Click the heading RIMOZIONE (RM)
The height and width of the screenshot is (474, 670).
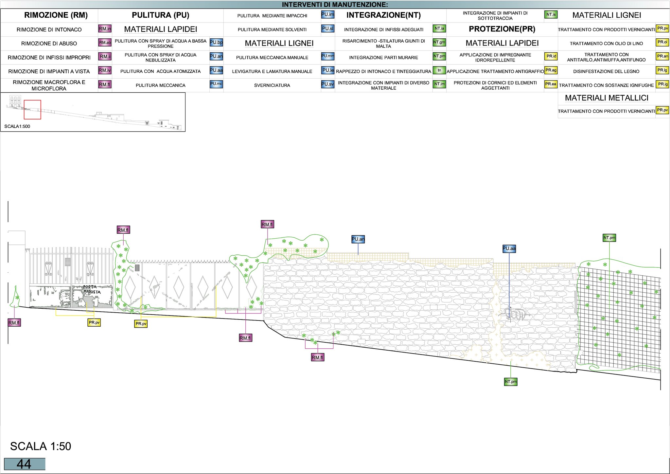(x=56, y=15)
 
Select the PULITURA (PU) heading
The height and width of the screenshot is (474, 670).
(x=160, y=15)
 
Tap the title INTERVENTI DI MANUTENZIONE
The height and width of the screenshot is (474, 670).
(x=335, y=5)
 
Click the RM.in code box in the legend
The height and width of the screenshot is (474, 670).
(x=105, y=29)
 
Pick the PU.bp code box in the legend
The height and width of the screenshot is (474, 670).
(x=216, y=43)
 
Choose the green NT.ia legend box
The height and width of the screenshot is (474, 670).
(x=439, y=29)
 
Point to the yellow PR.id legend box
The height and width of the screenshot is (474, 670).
(x=551, y=56)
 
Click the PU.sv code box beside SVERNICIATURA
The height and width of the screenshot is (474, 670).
(x=328, y=84)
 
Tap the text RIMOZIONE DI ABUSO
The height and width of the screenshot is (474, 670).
(x=49, y=44)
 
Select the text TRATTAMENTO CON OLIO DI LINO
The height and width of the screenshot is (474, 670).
(x=606, y=44)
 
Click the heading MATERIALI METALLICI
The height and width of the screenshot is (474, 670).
(x=607, y=98)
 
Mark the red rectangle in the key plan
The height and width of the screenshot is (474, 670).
(x=32, y=110)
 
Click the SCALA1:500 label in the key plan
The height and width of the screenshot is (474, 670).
(x=17, y=126)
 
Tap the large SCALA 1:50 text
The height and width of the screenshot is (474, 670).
(x=41, y=446)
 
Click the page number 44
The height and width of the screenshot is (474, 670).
(x=24, y=464)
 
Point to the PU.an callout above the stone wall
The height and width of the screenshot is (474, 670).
(x=358, y=239)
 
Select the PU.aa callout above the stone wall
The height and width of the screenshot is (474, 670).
(x=509, y=249)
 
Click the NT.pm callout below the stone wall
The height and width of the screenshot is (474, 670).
(x=511, y=382)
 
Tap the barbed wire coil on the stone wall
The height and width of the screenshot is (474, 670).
(x=516, y=314)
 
